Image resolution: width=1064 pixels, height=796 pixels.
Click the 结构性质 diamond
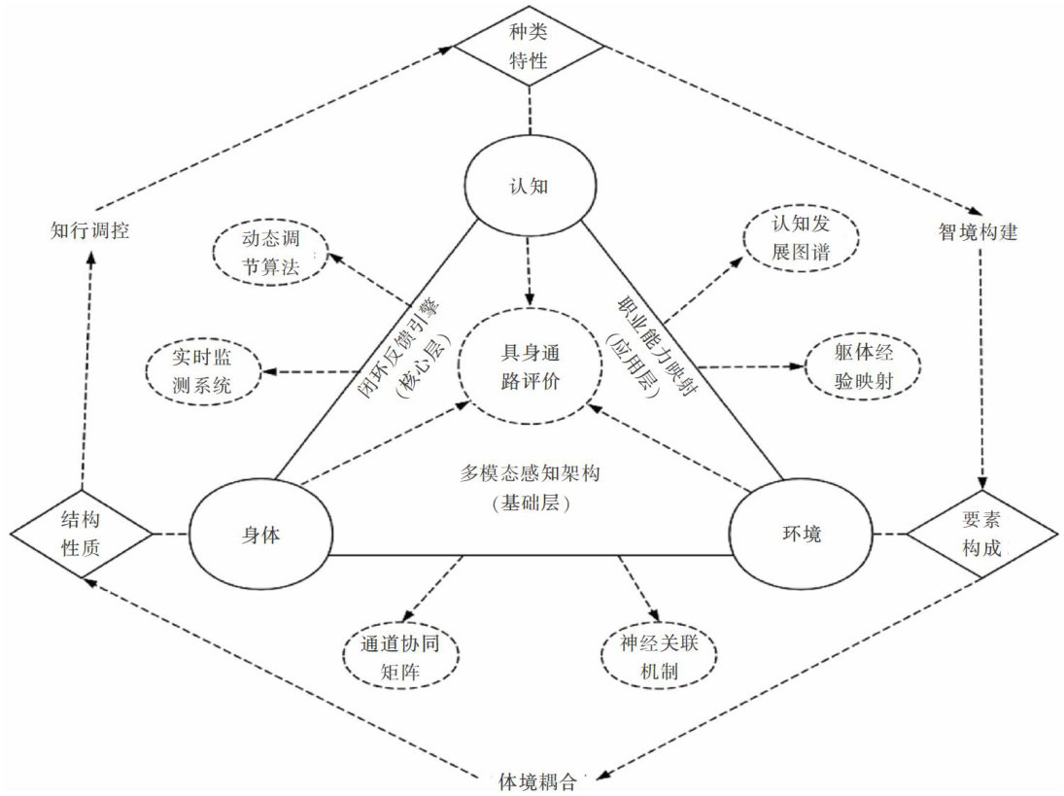click(82, 534)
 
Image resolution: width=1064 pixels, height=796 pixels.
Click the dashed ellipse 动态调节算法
click(270, 253)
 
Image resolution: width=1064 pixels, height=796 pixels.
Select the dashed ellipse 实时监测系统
click(203, 372)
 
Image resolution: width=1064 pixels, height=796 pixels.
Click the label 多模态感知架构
click(530, 474)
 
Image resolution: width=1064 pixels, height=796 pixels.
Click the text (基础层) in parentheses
click(530, 504)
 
